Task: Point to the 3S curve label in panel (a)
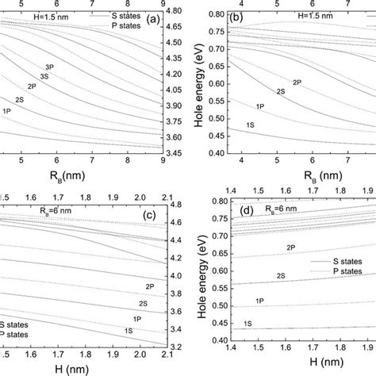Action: click(x=44, y=76)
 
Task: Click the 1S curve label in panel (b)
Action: click(x=250, y=125)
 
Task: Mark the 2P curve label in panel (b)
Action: click(x=297, y=82)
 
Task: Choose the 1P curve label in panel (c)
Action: click(x=136, y=318)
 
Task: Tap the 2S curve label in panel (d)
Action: click(x=281, y=274)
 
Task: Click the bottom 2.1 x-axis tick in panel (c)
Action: click(x=166, y=355)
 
